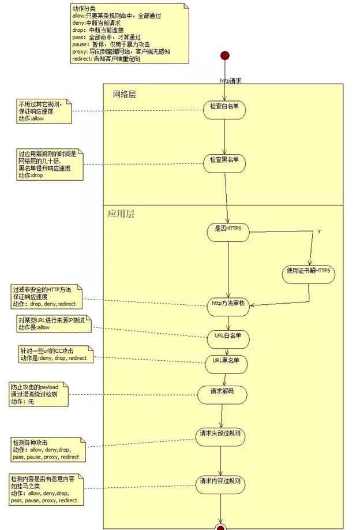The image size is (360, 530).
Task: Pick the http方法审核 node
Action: (x=228, y=304)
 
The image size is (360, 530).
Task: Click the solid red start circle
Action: (x=225, y=55)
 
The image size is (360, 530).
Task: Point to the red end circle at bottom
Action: (x=220, y=527)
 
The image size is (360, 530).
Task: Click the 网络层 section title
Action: (x=124, y=94)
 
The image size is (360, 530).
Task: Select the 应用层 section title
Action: (x=121, y=213)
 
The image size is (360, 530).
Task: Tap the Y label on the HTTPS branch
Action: (x=320, y=232)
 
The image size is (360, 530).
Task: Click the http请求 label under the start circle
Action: (x=230, y=80)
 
